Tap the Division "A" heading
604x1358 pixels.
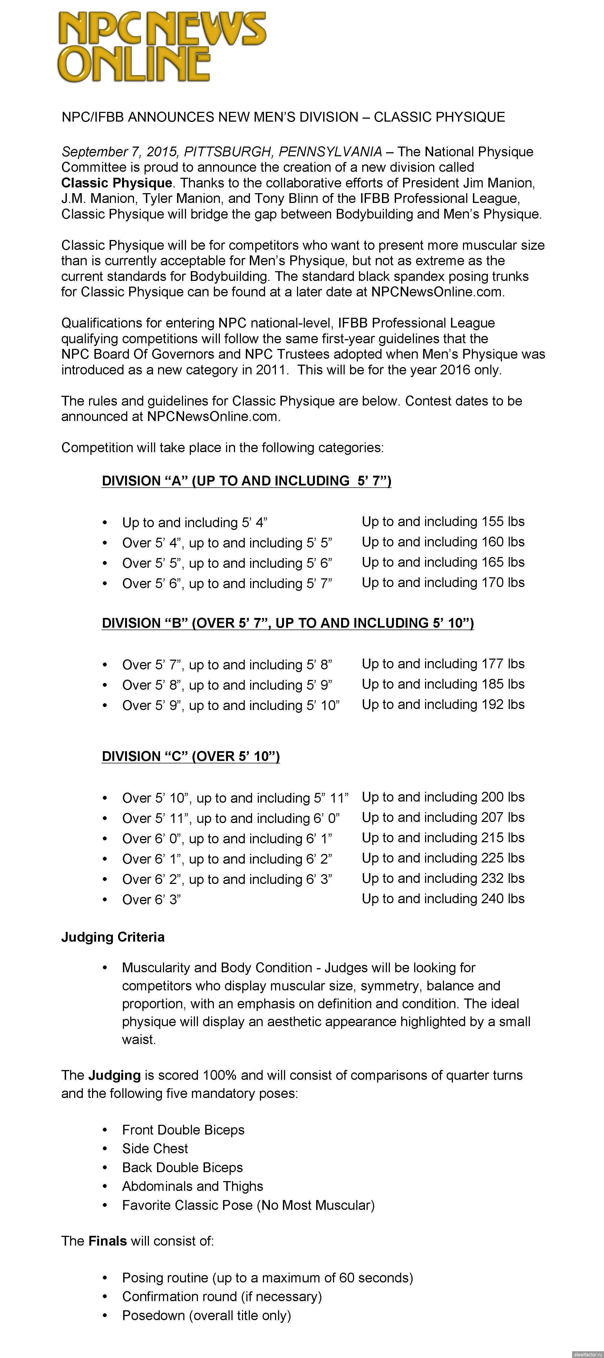click(x=246, y=481)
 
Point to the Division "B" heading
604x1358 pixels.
click(x=287, y=623)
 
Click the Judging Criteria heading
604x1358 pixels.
click(x=113, y=937)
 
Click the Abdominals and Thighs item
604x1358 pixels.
click(x=192, y=1186)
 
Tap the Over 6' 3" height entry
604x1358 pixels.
click(x=151, y=899)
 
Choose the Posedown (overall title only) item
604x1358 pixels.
click(x=206, y=1315)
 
